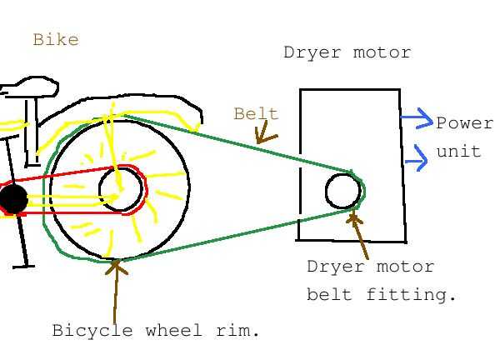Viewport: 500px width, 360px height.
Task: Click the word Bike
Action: coord(56,39)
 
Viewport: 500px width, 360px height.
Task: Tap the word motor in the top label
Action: coord(382,52)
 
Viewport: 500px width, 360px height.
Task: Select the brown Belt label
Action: coord(256,114)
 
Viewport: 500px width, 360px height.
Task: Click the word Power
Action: coord(464,123)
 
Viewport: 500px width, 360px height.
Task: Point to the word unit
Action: coord(458,152)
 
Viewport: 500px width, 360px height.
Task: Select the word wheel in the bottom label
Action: coord(173,330)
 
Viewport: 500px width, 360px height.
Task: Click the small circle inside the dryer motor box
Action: coord(342,191)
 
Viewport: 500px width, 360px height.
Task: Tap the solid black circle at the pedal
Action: coord(13,199)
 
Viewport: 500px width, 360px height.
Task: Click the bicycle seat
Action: coord(32,88)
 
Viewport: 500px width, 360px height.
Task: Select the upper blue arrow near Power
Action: coord(417,119)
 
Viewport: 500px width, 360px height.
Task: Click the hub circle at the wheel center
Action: coord(120,189)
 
